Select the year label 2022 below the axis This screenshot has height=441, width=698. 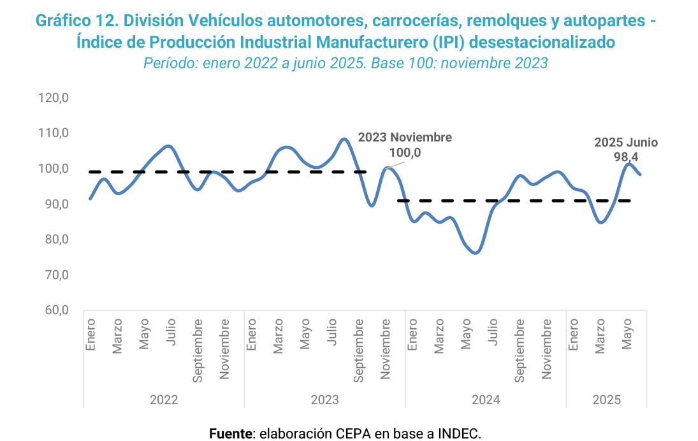164,400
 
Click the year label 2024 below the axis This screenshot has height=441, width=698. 486,400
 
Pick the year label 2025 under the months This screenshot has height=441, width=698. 607,400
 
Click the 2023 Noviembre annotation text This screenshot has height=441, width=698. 405,138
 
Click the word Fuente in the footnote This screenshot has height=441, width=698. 231,434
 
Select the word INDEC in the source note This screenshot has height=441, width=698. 458,434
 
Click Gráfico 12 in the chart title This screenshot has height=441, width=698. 77,20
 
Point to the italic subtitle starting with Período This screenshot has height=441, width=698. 345,63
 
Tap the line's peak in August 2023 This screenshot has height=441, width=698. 344,138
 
